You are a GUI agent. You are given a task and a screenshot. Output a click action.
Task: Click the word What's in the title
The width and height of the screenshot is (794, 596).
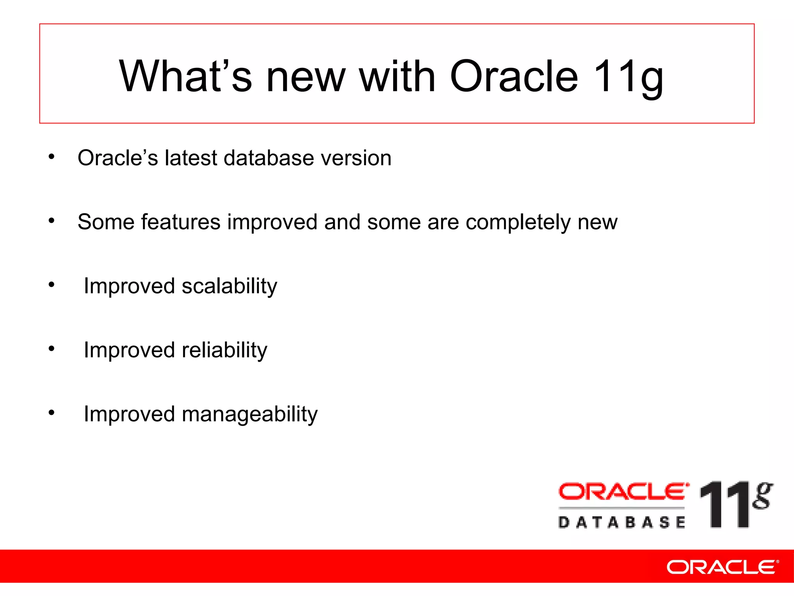click(185, 76)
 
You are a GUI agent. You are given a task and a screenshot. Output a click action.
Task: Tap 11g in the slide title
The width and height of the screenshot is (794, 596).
click(628, 77)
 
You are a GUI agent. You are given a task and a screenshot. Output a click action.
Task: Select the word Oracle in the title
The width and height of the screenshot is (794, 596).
click(514, 76)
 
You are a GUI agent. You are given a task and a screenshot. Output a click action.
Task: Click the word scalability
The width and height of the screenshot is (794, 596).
click(229, 286)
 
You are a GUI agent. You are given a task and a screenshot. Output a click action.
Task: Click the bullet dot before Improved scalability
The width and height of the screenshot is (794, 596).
click(52, 285)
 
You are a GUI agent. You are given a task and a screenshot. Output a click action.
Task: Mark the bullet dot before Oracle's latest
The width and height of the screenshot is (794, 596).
click(52, 157)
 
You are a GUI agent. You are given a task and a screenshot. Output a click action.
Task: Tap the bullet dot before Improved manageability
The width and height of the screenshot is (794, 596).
click(52, 413)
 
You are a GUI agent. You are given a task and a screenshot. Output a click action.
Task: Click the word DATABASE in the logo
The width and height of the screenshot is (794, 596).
click(622, 522)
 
